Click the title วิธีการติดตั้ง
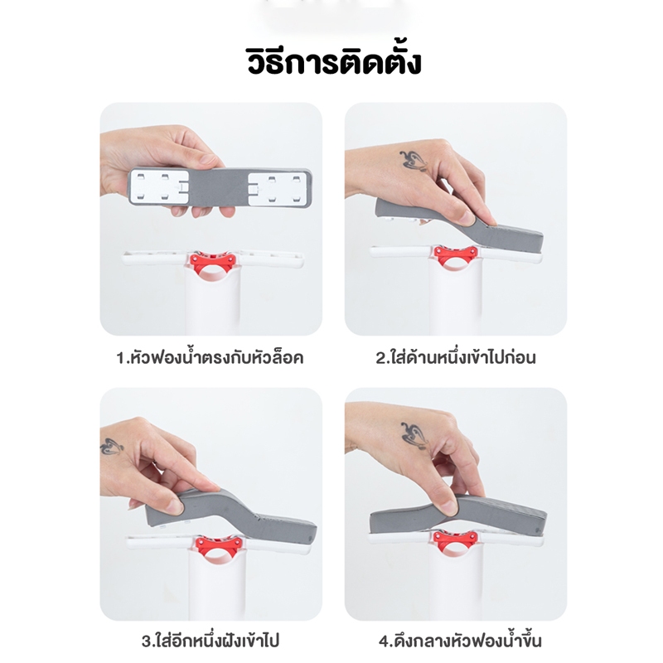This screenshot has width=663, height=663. click(x=334, y=63)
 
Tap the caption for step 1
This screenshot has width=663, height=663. click(x=211, y=358)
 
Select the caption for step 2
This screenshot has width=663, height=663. click(x=456, y=357)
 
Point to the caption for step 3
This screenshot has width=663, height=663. click(x=211, y=641)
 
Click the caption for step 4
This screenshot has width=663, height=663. click(x=460, y=641)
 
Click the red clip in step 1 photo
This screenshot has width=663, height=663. click(x=213, y=264)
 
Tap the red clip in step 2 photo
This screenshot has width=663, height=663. click(x=456, y=257)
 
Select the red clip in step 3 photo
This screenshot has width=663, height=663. click(x=218, y=549)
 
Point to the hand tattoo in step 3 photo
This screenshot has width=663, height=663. click(x=111, y=446)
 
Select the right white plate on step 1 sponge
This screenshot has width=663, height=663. click(x=276, y=189)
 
